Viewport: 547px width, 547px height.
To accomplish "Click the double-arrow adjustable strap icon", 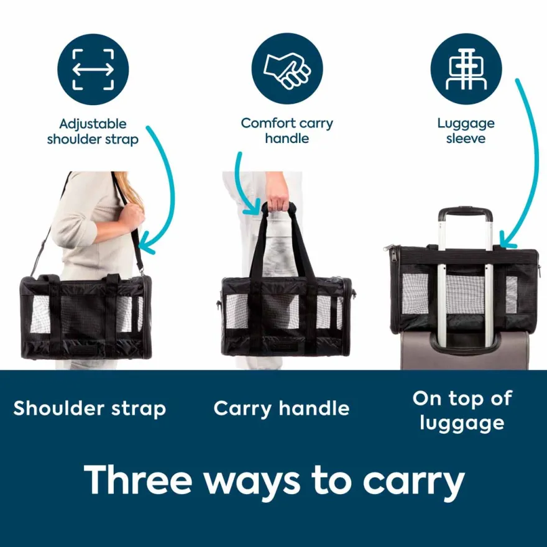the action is coord(93,69).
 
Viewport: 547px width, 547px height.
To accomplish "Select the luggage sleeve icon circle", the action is coord(466,69).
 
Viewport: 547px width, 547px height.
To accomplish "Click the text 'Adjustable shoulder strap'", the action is coord(93,132).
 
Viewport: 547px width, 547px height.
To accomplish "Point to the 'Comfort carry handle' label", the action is coord(287,131).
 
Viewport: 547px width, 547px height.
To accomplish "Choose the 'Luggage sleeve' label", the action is coord(466,131).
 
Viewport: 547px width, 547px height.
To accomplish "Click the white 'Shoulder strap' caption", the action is coord(90,408).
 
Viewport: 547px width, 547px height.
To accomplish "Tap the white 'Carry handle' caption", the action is coord(282,408).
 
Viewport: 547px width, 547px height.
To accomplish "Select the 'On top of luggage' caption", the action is coord(462,411).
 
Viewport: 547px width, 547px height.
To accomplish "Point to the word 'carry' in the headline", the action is coord(414,484).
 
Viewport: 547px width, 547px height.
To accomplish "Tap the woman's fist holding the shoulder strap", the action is coord(132,216).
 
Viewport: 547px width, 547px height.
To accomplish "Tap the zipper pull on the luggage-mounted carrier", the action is coord(388,248).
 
